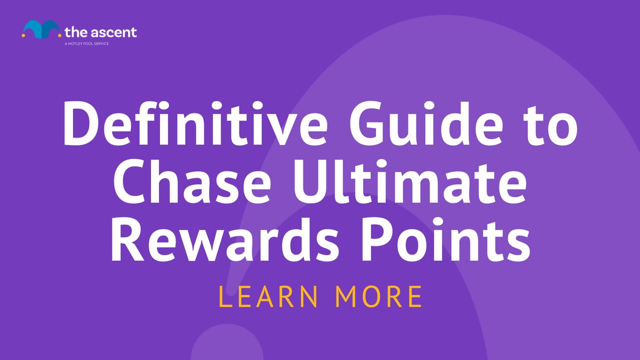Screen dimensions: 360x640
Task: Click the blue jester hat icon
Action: pos(40,30)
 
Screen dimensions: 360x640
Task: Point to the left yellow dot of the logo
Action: pos(23,36)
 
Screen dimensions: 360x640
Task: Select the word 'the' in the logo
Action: pos(74,31)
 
